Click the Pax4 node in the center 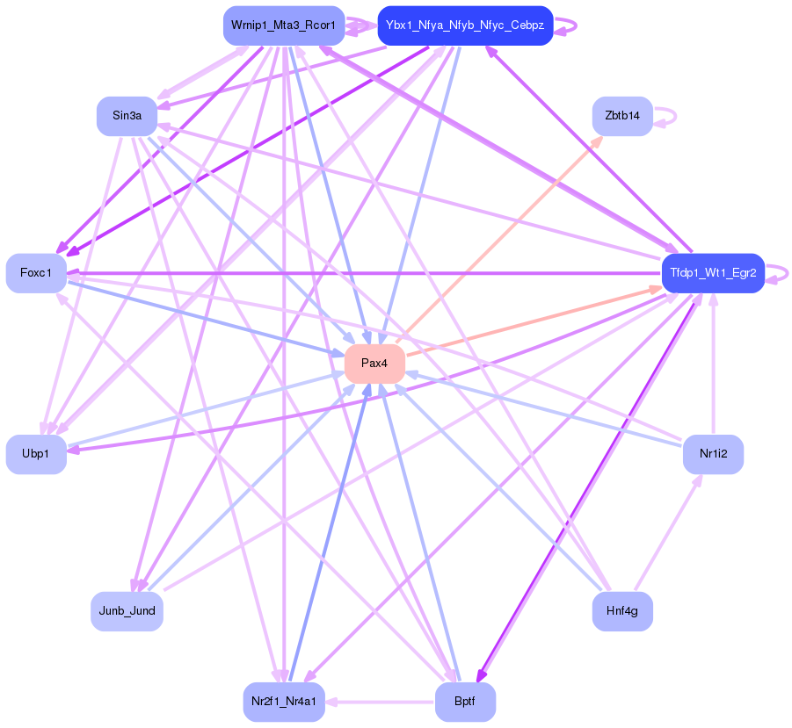374,364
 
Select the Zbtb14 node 622,116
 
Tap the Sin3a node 127,116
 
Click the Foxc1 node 36,273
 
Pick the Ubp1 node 36,454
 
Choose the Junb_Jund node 127,611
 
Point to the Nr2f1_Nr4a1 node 284,702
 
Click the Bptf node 465,702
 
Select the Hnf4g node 622,611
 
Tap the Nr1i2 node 713,454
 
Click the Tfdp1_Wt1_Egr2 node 713,273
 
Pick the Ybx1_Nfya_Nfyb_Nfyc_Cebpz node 465,25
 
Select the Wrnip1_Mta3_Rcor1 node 284,25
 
